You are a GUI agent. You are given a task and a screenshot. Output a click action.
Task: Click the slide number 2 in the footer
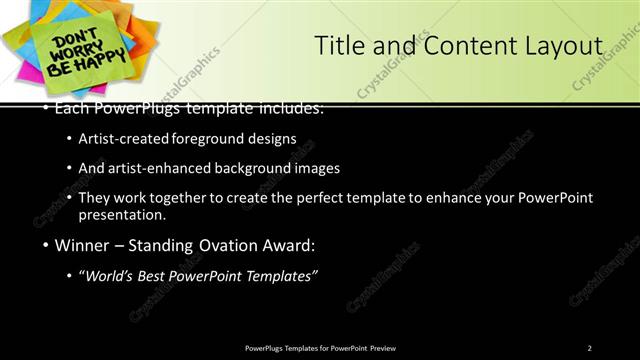point(589,347)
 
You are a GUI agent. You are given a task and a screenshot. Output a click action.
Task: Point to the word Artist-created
point(131,139)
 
